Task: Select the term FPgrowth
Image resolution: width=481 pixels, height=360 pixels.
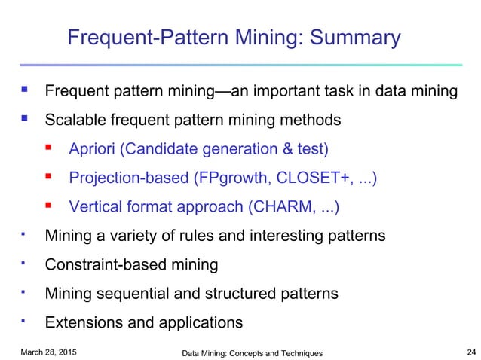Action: point(229,178)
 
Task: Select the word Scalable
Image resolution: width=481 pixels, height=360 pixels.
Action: point(73,120)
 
